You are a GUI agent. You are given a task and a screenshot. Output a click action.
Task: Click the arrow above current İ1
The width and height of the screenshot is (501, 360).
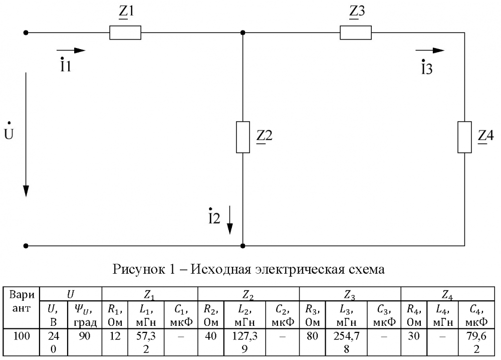pos(71,50)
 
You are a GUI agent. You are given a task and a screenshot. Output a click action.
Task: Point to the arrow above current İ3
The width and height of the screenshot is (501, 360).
pos(430,50)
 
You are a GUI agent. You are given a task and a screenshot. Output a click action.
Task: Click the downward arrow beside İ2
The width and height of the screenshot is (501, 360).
pos(230,220)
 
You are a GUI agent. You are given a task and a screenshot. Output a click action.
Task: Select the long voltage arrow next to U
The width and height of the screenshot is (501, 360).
pos(26,134)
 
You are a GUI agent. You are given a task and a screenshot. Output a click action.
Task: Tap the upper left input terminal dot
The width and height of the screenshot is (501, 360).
pos(26,33)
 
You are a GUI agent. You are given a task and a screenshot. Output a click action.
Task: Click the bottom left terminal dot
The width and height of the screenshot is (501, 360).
pos(26,246)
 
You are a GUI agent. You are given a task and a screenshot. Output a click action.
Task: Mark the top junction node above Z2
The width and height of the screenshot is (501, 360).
pos(243,33)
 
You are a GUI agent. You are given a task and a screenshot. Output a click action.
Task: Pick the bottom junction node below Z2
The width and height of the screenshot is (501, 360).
pos(243,246)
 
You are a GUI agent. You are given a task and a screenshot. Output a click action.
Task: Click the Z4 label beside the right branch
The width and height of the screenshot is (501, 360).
pos(485,136)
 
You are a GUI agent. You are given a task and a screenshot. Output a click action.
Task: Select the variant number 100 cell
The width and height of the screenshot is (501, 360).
pos(22,336)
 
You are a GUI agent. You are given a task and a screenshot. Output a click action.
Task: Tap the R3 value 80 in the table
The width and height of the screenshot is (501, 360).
pos(312,336)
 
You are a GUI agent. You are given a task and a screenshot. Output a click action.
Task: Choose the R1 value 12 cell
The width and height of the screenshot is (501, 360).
pos(115,336)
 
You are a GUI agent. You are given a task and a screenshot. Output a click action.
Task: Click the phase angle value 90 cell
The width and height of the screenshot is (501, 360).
pos(84,336)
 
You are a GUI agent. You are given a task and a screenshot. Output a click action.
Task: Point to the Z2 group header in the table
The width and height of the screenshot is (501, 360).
pos(248,295)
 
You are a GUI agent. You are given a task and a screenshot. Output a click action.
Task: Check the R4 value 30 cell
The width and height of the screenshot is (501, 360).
pos(413,336)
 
